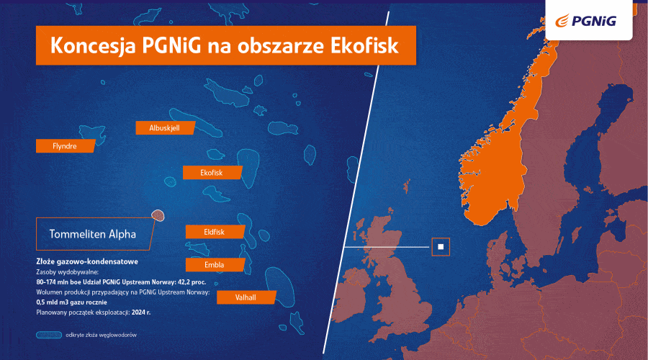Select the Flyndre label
pyautogui.click(x=66, y=145)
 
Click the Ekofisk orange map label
pyautogui.click(x=212, y=173)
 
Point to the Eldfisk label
pyautogui.click(x=215, y=231)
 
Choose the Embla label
pyautogui.click(x=215, y=264)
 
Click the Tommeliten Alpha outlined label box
pyautogui.click(x=92, y=233)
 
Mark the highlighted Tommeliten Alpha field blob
pyautogui.click(x=158, y=215)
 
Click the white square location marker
pyautogui.click(x=441, y=247)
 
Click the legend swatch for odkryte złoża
pyautogui.click(x=49, y=335)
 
